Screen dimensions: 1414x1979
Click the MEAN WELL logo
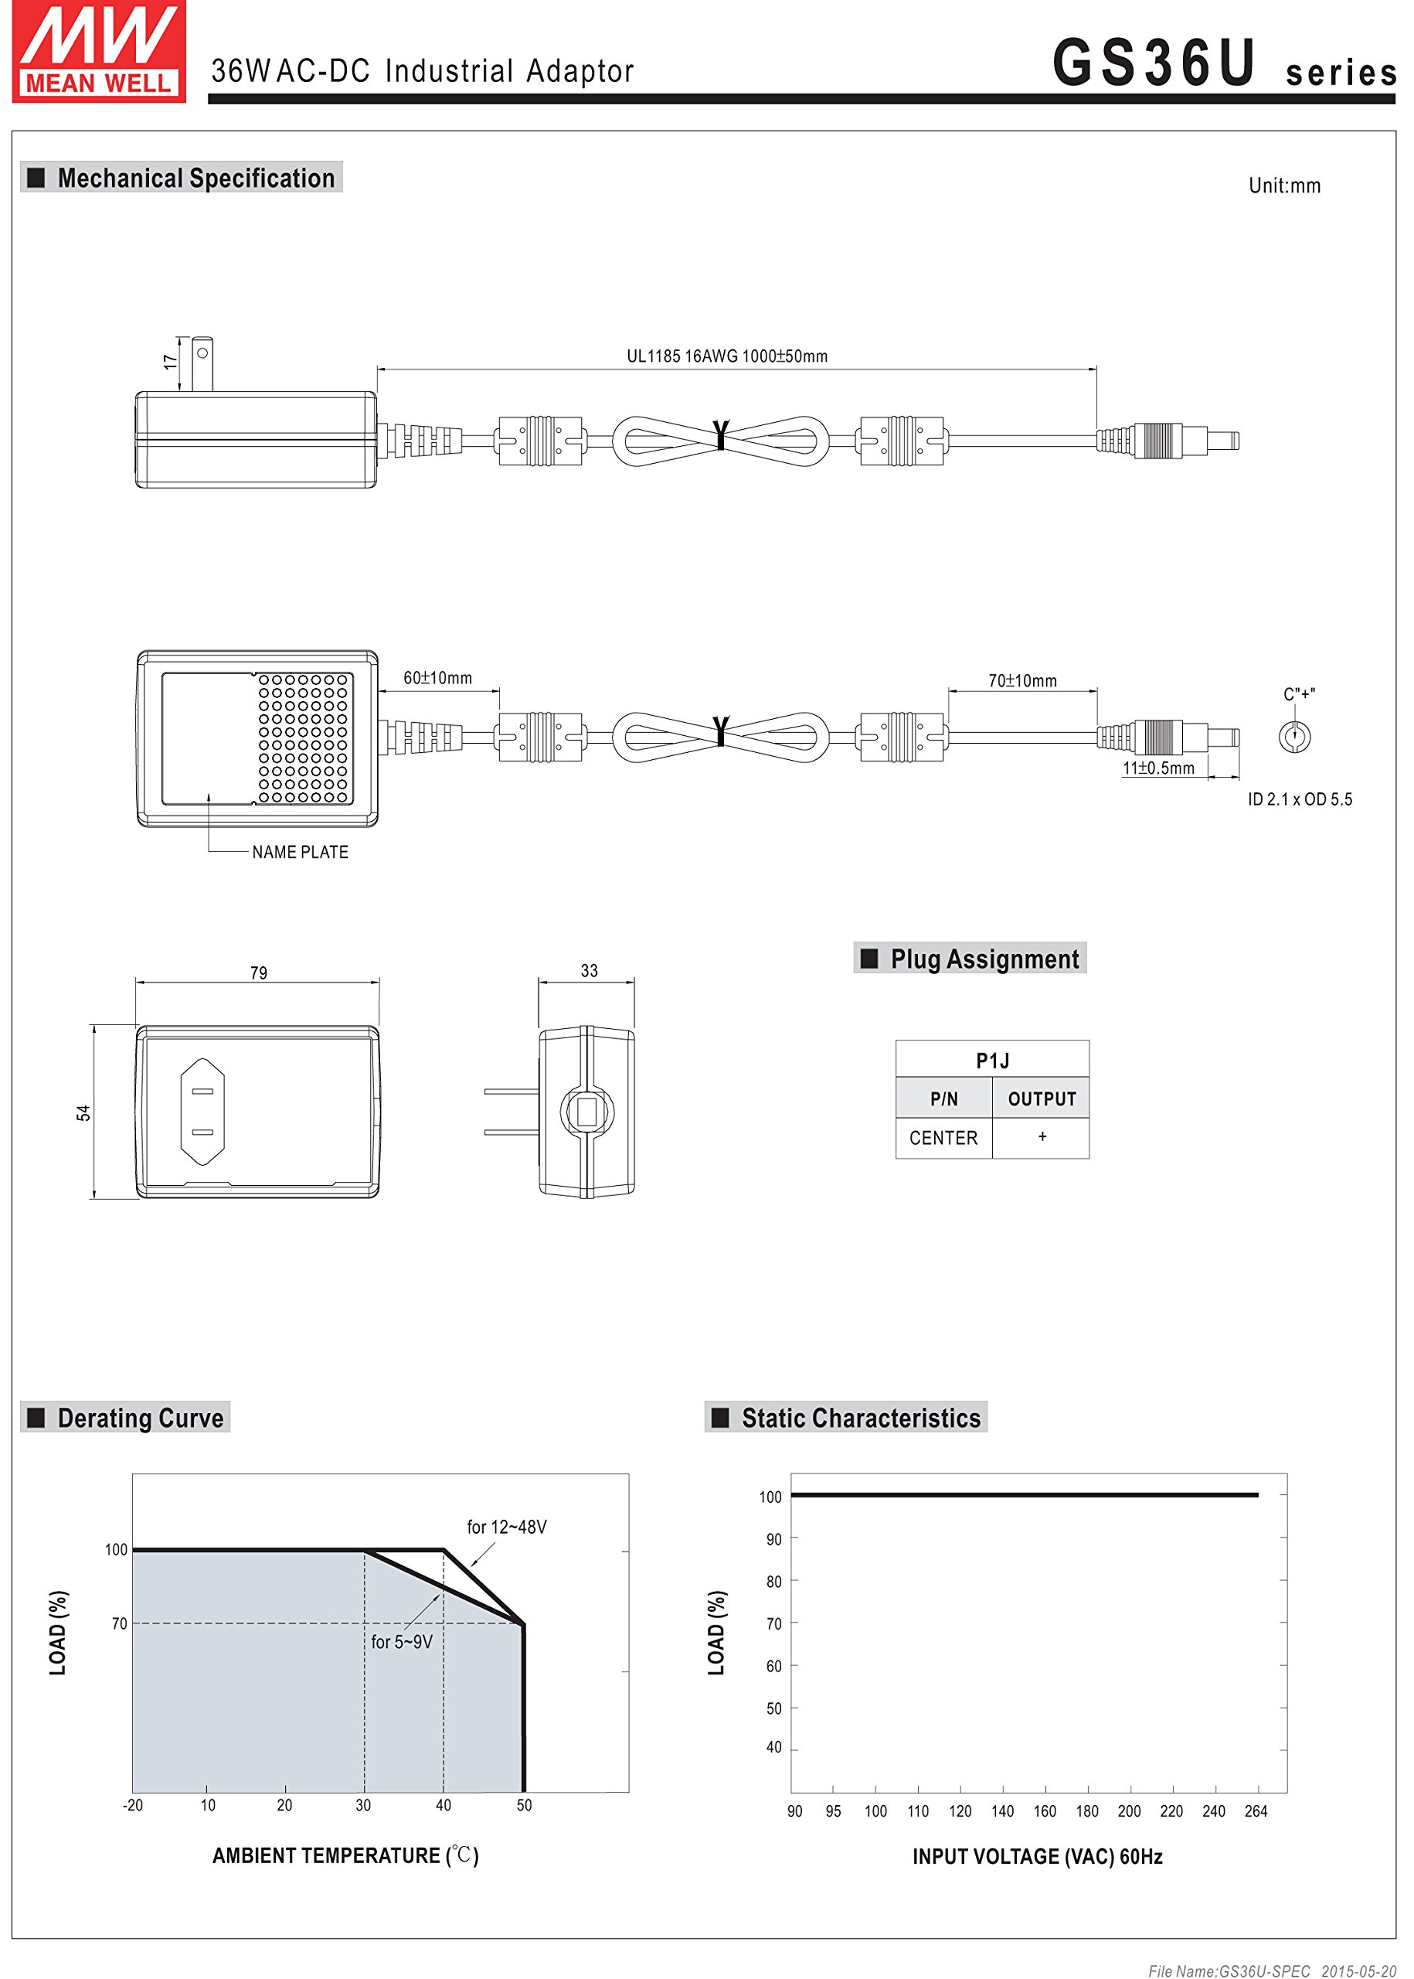coord(98,51)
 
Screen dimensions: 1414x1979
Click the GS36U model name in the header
coord(1154,63)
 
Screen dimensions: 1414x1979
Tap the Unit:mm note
coord(1284,186)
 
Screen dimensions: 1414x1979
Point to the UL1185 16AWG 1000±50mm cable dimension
coord(727,356)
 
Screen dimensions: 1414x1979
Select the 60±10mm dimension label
coord(437,678)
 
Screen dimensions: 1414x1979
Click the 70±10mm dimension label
coord(1022,680)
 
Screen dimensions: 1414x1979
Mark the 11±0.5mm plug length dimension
coord(1158,768)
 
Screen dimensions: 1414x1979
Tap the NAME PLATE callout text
coord(301,852)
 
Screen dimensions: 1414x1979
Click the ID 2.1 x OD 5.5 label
coord(1300,799)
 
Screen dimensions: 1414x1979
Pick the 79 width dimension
coord(259,973)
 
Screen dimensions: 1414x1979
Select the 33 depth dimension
coord(590,970)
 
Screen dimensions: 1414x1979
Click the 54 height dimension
coord(83,1112)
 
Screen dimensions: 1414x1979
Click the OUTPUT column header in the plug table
coord(1042,1099)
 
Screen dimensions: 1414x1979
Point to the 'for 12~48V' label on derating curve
coord(507,1526)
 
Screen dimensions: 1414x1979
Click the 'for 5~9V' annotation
coord(401,1641)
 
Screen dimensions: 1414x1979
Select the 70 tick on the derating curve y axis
coord(119,1623)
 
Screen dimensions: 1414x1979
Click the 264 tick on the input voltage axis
coord(1256,1811)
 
